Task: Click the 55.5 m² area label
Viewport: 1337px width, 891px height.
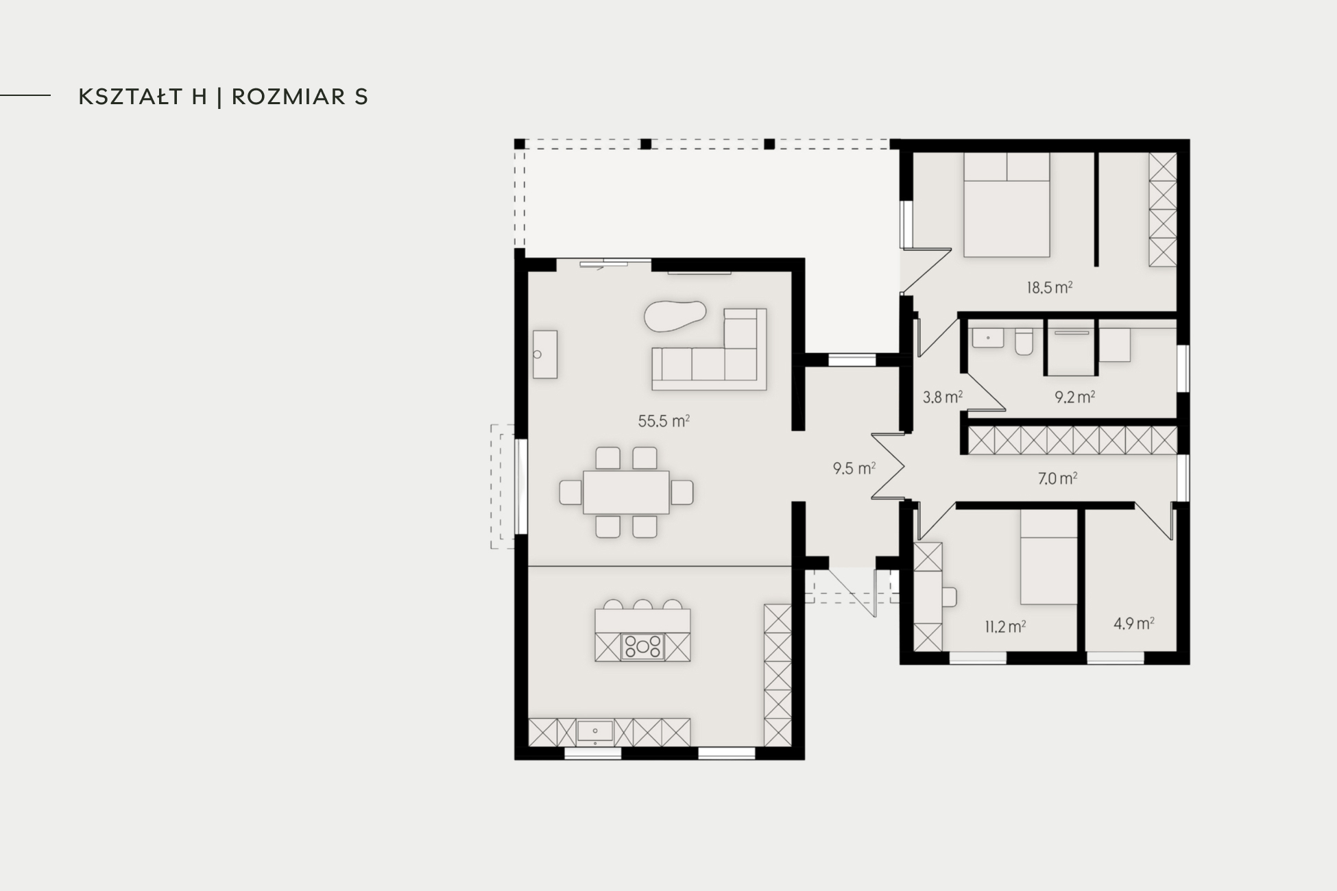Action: click(x=664, y=421)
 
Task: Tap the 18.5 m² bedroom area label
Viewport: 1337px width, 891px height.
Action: click(x=1049, y=288)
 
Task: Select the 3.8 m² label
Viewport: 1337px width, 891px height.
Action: click(x=942, y=397)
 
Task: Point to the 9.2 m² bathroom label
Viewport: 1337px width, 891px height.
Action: click(x=1074, y=397)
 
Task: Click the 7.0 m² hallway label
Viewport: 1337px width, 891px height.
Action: click(x=1057, y=478)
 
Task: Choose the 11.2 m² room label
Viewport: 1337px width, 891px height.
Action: click(x=1005, y=626)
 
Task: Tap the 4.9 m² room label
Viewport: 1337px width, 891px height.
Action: click(x=1133, y=624)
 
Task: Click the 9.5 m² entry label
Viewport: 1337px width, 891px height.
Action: click(x=854, y=469)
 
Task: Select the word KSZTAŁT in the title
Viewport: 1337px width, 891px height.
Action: click(x=143, y=97)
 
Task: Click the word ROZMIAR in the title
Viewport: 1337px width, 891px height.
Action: click(x=289, y=97)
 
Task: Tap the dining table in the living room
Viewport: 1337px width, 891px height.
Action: click(x=626, y=492)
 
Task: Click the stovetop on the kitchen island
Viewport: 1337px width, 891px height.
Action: click(x=642, y=646)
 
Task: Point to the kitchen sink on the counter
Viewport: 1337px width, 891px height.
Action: click(x=594, y=732)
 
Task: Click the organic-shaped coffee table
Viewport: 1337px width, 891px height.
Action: click(x=675, y=316)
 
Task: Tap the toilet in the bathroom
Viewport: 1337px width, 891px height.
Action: click(x=1024, y=341)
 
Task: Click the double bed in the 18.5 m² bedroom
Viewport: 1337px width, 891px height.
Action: click(x=1007, y=205)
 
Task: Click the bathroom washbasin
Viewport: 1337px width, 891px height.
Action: click(x=987, y=338)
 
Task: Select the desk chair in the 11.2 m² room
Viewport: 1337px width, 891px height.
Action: click(x=950, y=597)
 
